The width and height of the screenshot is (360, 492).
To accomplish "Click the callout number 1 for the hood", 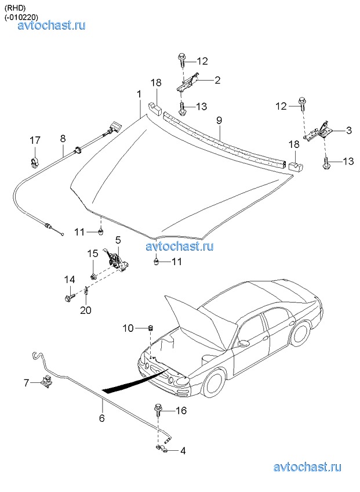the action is (139, 94).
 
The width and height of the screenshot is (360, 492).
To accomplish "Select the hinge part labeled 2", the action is (187, 83).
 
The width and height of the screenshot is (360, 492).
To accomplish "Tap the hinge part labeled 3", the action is (317, 132).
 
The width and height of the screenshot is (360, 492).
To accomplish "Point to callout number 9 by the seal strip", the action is (219, 121).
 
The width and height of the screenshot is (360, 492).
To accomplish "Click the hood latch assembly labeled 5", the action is (116, 259).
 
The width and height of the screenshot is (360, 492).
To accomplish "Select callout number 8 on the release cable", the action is (63, 139).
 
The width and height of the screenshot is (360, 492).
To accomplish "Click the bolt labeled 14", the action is (70, 296).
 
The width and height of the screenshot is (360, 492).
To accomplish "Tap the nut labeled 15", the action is (93, 277).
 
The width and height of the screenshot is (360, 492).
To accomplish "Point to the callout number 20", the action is (86, 310).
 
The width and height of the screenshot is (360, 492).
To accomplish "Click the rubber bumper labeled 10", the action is (150, 328).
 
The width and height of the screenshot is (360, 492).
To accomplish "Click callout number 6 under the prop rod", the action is (101, 418).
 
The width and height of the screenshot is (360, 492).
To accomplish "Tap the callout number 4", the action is (183, 451).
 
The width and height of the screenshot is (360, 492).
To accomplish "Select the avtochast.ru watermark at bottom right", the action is (307, 467).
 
